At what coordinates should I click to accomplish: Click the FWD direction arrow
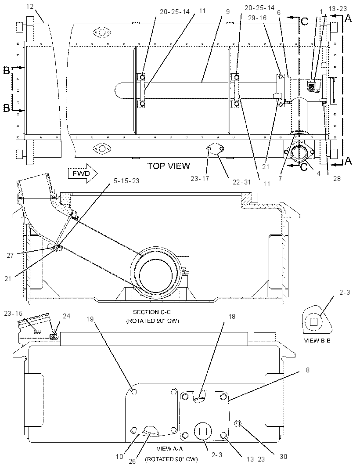tap(83, 173)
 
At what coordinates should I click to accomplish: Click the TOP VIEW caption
tap(169, 166)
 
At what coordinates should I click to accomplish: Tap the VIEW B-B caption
tap(317, 340)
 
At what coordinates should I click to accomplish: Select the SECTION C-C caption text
tap(152, 312)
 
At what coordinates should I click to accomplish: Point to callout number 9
tap(228, 12)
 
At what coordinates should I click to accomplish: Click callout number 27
tap(10, 256)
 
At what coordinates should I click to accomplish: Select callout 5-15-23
tap(126, 181)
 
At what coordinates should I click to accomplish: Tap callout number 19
tap(90, 319)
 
